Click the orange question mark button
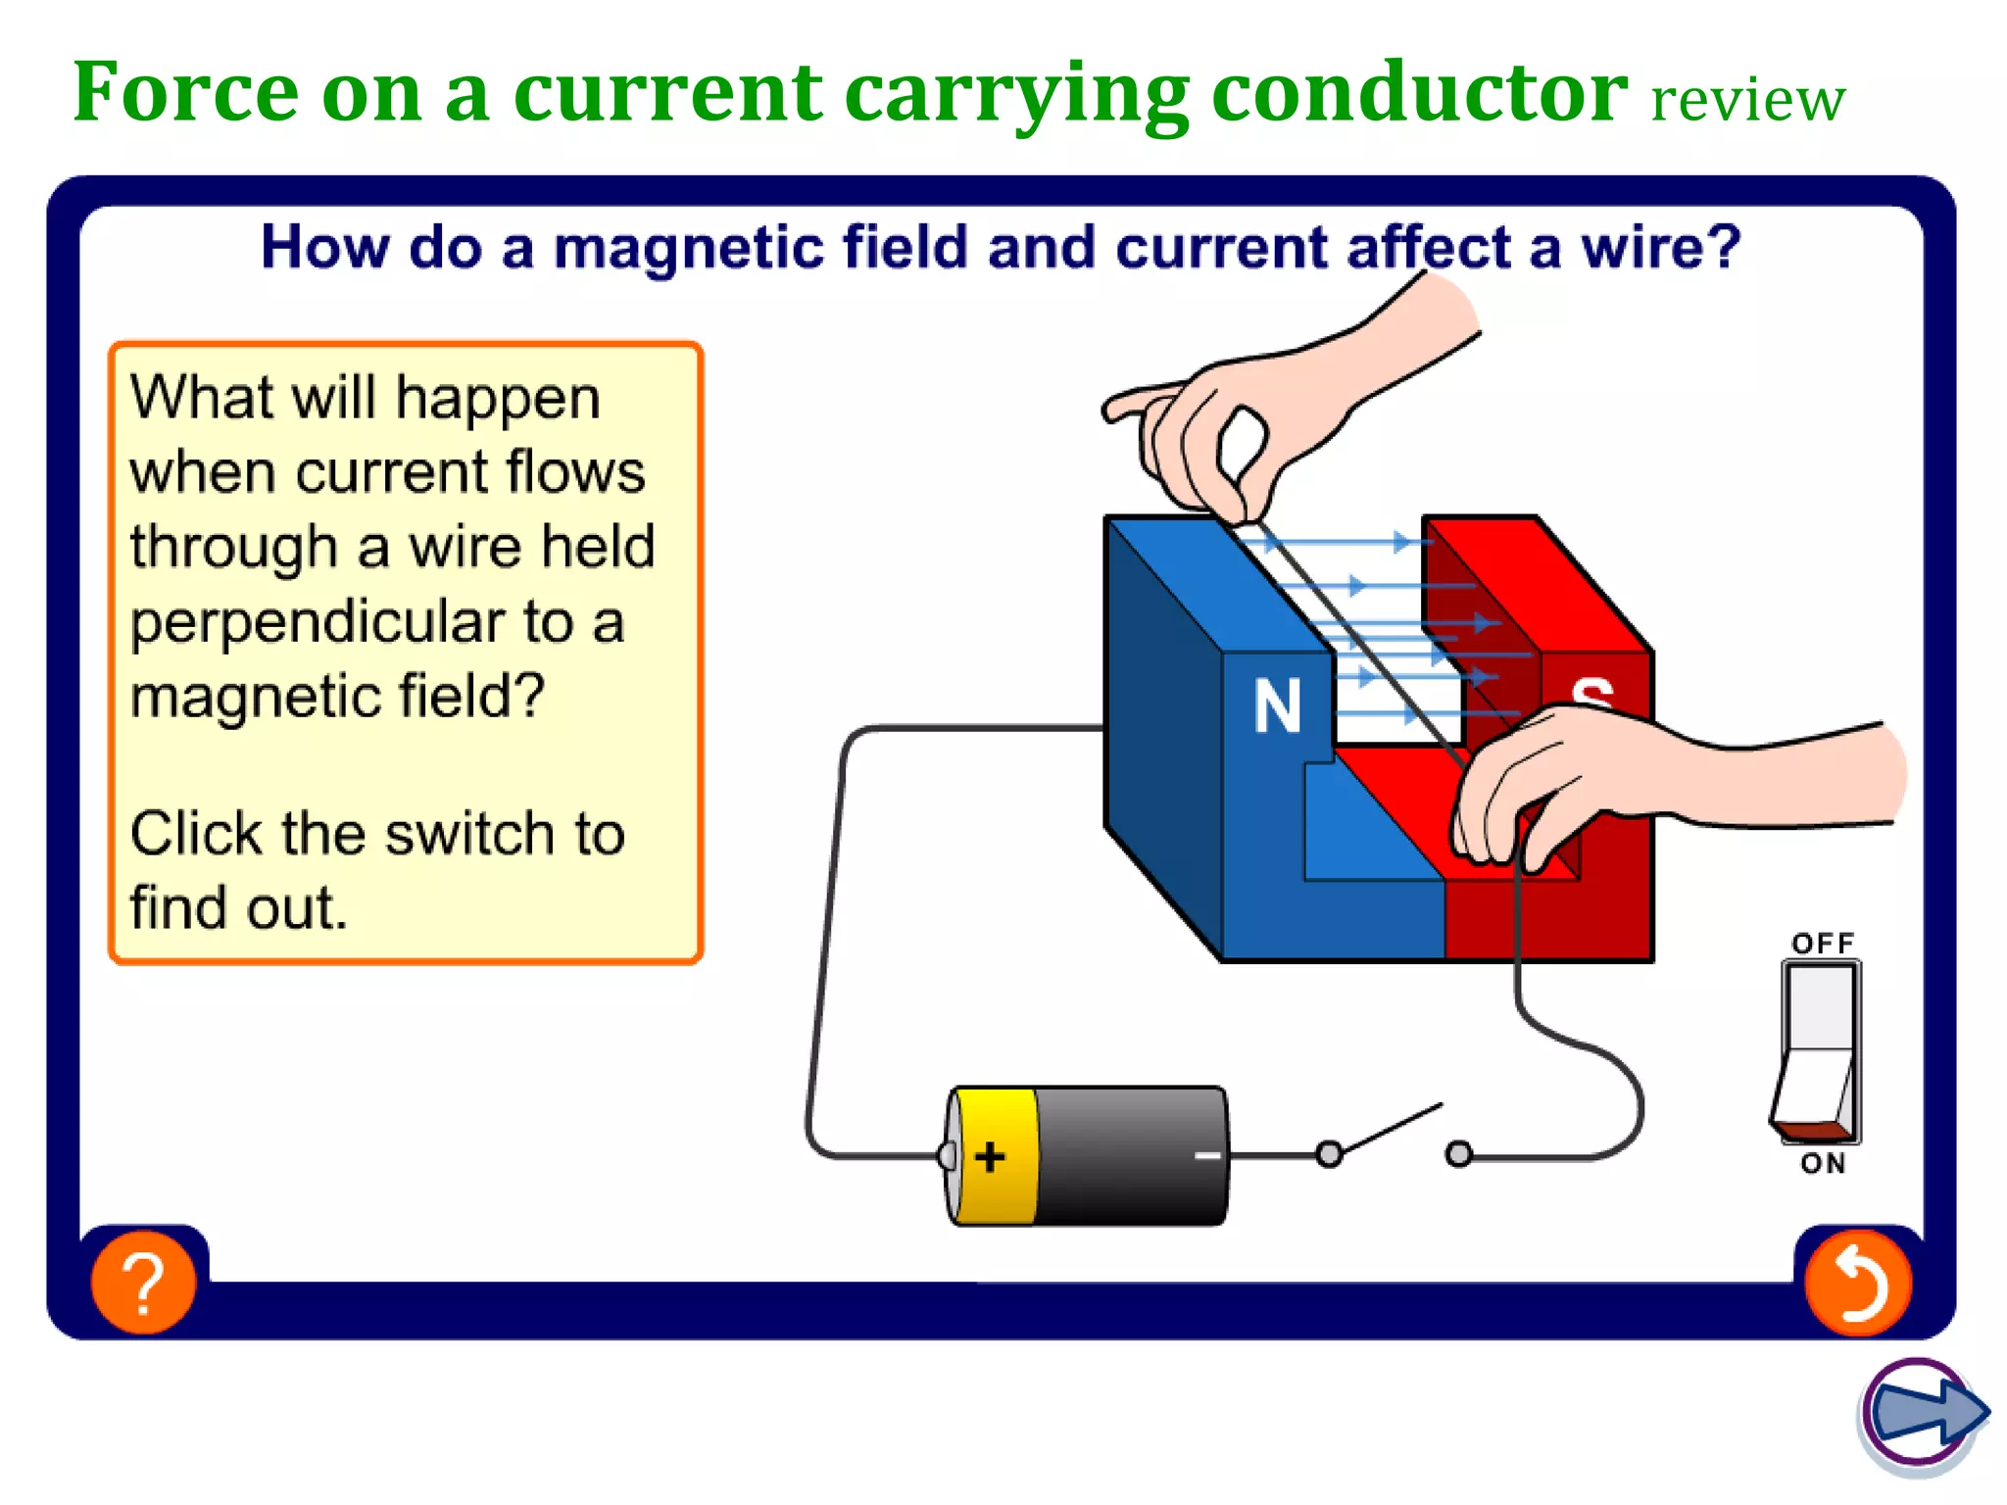(x=143, y=1282)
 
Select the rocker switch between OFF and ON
(x=1820, y=1053)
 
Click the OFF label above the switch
(x=1823, y=944)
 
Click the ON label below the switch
(x=1823, y=1164)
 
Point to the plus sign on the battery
(x=990, y=1157)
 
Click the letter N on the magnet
(x=1278, y=706)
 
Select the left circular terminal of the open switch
(x=1329, y=1154)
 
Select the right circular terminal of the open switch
(x=1458, y=1154)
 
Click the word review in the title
(x=1747, y=100)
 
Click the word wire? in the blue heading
(x=1660, y=247)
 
